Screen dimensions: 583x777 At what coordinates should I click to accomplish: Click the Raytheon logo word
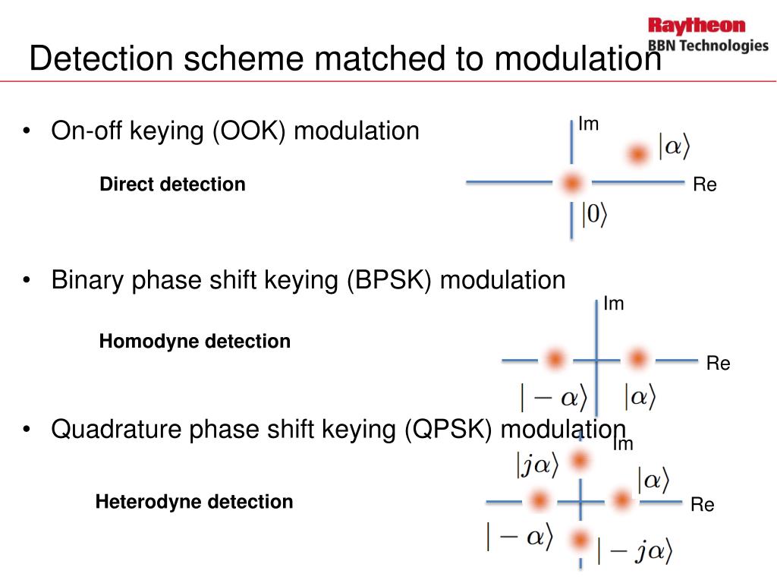tap(697, 26)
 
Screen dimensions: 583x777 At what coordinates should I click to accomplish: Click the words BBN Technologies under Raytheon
tap(707, 46)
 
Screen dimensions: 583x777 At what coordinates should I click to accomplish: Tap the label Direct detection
tap(172, 184)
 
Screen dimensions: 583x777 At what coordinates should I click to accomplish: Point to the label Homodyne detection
tap(194, 342)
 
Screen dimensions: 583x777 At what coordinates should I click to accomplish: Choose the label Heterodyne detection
tap(193, 502)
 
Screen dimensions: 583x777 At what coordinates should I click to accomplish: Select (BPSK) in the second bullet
tap(390, 280)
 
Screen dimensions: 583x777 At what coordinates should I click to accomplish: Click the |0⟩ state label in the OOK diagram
tap(594, 216)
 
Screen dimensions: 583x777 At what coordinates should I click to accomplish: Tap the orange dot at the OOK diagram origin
tap(571, 183)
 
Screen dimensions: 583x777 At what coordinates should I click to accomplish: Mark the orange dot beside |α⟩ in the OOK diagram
tap(637, 154)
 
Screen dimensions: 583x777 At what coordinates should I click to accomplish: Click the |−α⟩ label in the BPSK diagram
tap(553, 396)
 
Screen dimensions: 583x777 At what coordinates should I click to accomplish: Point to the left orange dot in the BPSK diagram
tap(555, 359)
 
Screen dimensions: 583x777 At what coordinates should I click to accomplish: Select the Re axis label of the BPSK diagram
tap(718, 364)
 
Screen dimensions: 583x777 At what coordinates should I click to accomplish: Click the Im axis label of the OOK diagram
tap(589, 124)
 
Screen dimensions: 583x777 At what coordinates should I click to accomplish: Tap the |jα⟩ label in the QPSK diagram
tap(537, 465)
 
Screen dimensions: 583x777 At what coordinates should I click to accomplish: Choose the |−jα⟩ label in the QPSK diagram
tap(634, 552)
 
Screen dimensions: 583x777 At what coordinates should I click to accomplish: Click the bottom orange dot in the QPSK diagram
tap(580, 540)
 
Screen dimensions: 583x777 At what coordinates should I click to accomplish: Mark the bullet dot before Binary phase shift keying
tap(27, 281)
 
